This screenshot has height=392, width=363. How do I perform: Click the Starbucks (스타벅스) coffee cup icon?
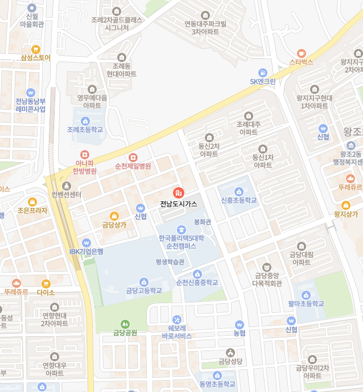[x=302, y=52]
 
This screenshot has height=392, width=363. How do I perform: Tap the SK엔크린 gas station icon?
[x=262, y=72]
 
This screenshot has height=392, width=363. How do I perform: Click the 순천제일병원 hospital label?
[x=133, y=166]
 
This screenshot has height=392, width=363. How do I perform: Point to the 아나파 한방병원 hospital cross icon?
[x=84, y=154]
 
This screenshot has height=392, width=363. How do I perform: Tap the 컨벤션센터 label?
[x=67, y=195]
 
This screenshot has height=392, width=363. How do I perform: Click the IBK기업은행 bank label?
[x=86, y=251]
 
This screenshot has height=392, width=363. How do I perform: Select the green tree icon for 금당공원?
[x=125, y=324]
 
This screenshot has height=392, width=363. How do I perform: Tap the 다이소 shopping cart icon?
[x=46, y=283]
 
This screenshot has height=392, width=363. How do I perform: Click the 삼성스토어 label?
[x=36, y=58]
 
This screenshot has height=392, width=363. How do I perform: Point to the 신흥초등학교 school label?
[x=239, y=200]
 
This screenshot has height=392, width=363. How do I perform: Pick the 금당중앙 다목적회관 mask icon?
[x=266, y=267]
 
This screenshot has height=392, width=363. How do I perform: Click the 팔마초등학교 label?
[x=306, y=304]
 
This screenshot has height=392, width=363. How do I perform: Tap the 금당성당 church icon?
[x=230, y=352]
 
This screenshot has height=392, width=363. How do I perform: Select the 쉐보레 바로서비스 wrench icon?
[x=176, y=319]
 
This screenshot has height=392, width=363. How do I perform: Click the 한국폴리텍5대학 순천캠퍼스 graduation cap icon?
[x=181, y=229]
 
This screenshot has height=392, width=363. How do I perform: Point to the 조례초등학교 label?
[x=85, y=130]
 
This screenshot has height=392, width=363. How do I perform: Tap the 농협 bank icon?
[x=239, y=324]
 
